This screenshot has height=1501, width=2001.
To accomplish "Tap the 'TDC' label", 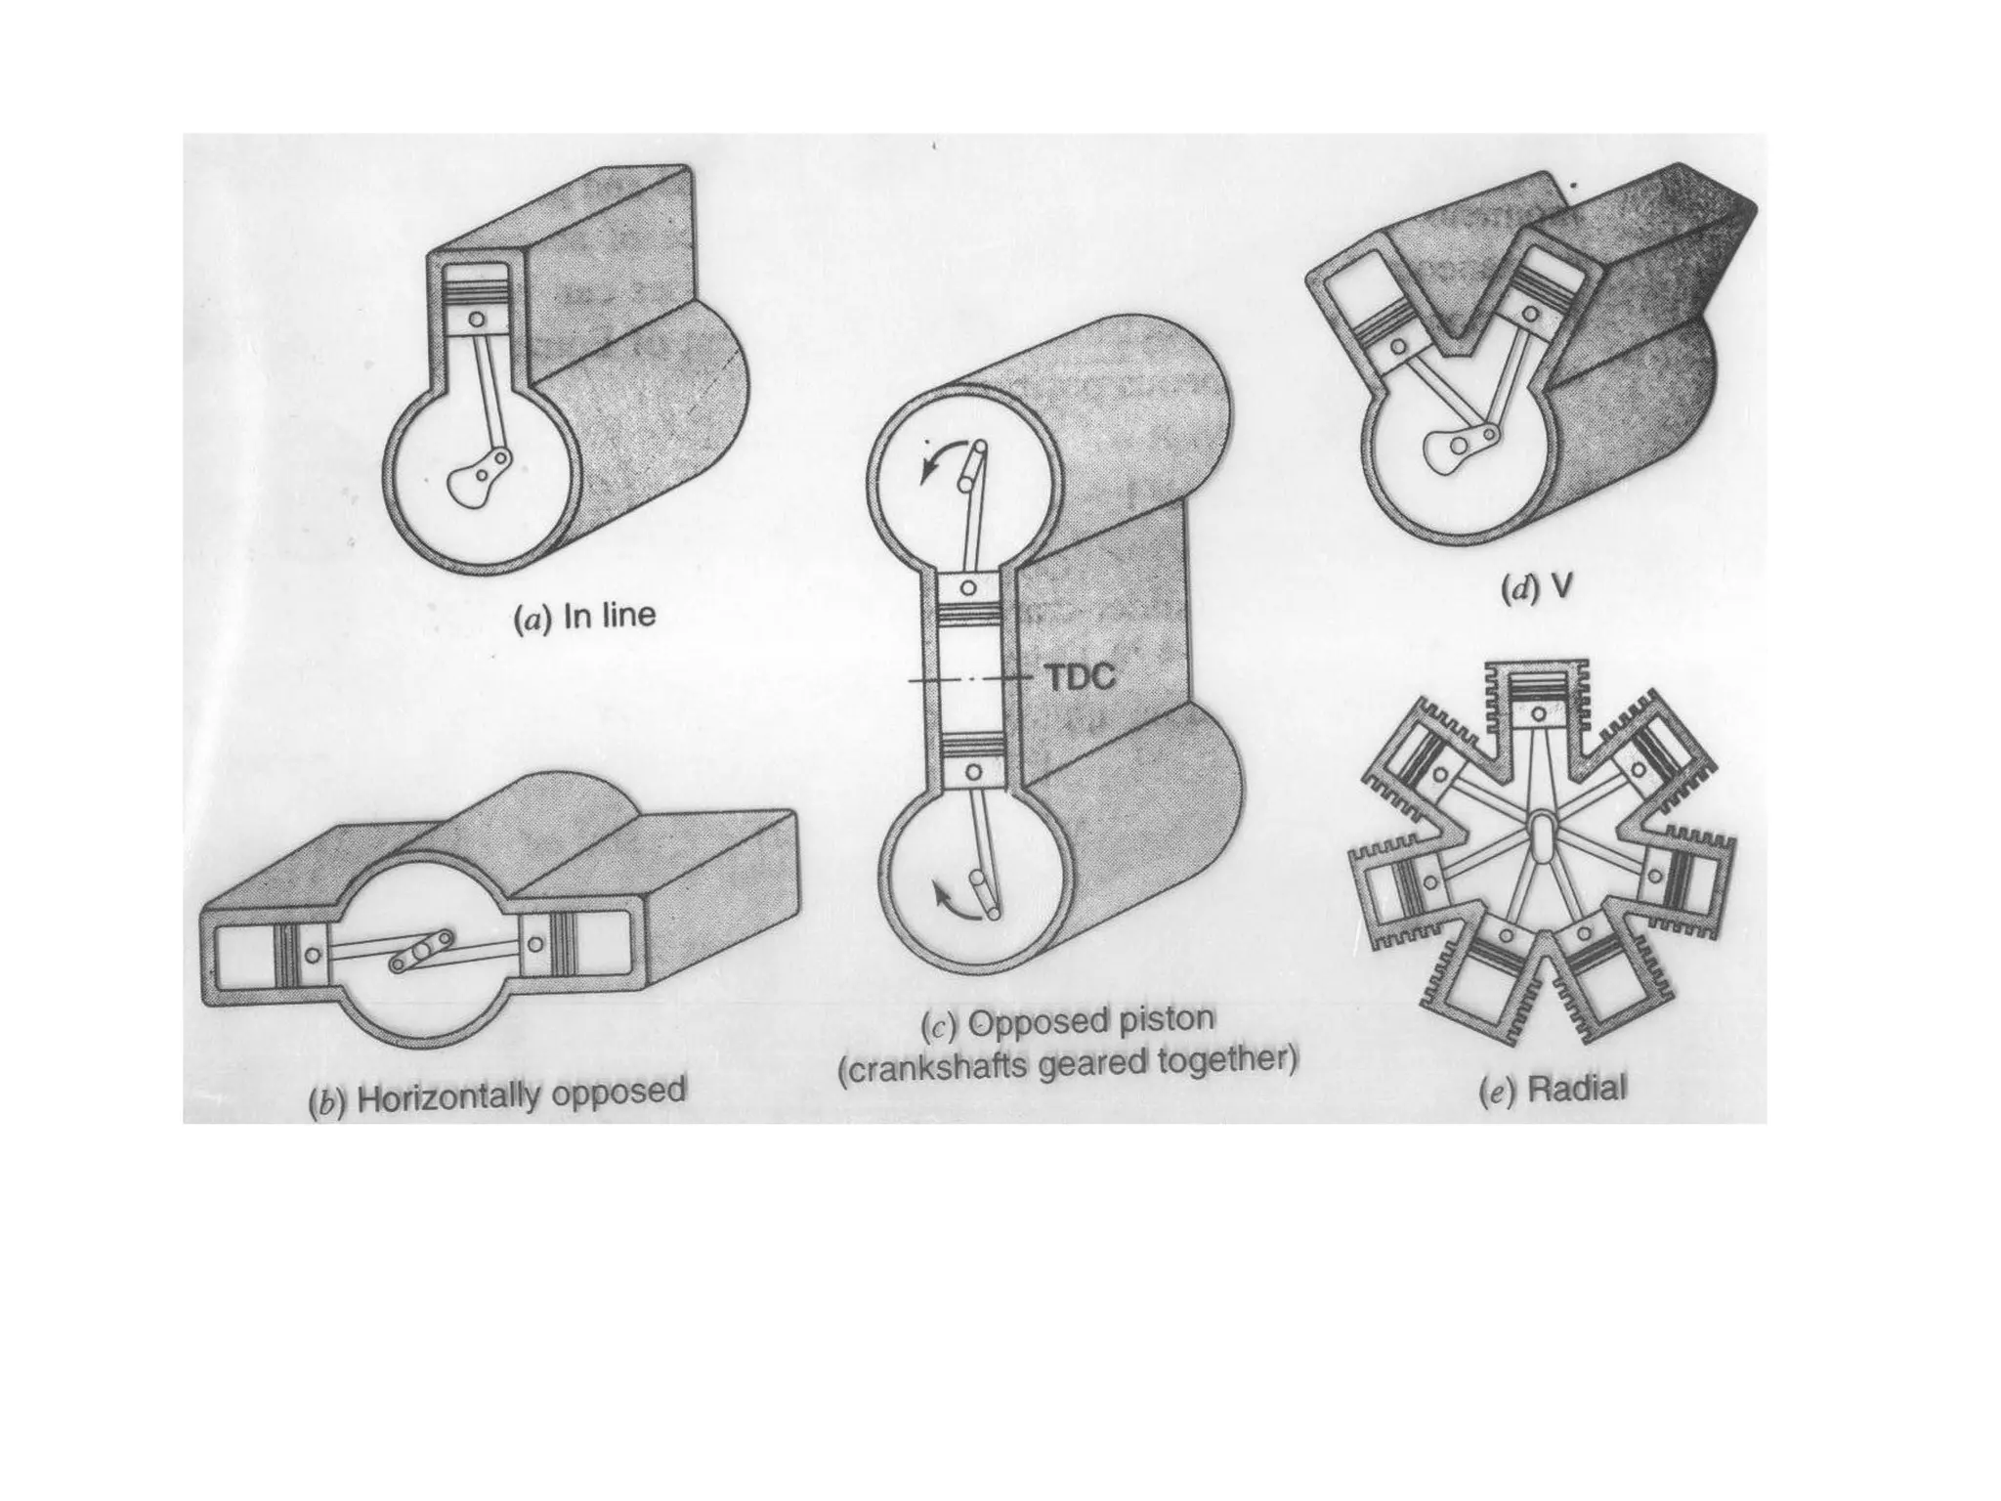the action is pyautogui.click(x=1081, y=678).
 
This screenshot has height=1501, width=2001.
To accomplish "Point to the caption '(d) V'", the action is pyautogui.click(x=1536, y=589).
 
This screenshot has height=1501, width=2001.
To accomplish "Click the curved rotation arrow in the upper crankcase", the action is pyautogui.click(x=932, y=465).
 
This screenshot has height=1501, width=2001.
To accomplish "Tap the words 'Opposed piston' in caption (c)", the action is pyautogui.click(x=1090, y=1022).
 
